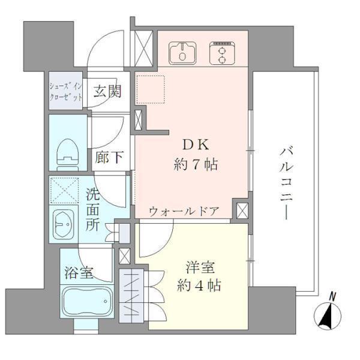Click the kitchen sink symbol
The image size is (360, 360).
[182, 53]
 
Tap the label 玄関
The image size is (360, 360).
[108, 91]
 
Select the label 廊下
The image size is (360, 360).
[109, 157]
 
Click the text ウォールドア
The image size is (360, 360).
[184, 212]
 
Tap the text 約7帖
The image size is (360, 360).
[195, 164]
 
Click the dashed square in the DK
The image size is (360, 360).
[150, 89]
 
